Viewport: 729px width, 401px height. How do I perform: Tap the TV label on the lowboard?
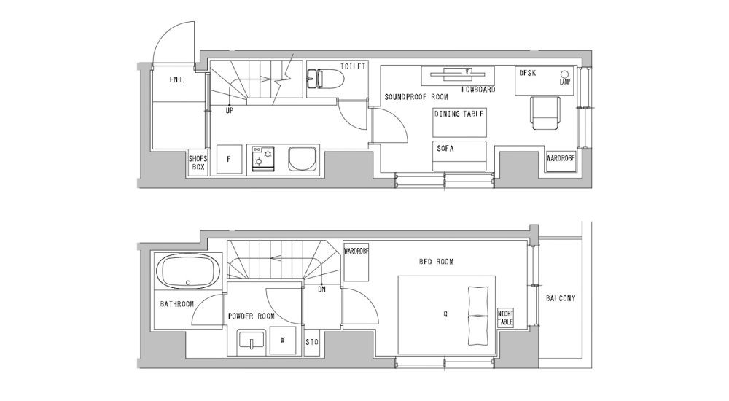click(x=464, y=71)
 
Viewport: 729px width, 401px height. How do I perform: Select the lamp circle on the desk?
click(x=564, y=74)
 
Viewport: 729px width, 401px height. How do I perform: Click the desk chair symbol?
click(x=545, y=113)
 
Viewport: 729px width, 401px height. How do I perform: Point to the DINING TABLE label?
click(x=459, y=114)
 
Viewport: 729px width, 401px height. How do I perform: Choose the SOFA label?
click(x=445, y=148)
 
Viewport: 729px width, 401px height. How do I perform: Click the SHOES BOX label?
click(x=198, y=163)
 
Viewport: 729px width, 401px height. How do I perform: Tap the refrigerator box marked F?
click(x=229, y=159)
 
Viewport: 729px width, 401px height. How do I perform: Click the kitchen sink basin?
click(x=303, y=159)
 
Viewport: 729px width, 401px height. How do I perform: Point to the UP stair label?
click(x=229, y=111)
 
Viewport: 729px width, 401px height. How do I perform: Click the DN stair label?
click(x=321, y=289)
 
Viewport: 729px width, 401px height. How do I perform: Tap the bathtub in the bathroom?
click(x=189, y=270)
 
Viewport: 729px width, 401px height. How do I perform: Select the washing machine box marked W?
click(x=283, y=340)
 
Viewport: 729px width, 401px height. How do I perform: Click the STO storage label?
click(x=311, y=341)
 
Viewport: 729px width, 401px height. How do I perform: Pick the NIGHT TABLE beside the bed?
click(x=505, y=316)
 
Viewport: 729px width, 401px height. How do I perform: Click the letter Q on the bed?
click(x=445, y=316)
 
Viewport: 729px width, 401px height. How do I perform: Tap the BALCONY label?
click(x=561, y=298)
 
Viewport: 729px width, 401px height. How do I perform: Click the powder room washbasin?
click(x=252, y=340)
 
